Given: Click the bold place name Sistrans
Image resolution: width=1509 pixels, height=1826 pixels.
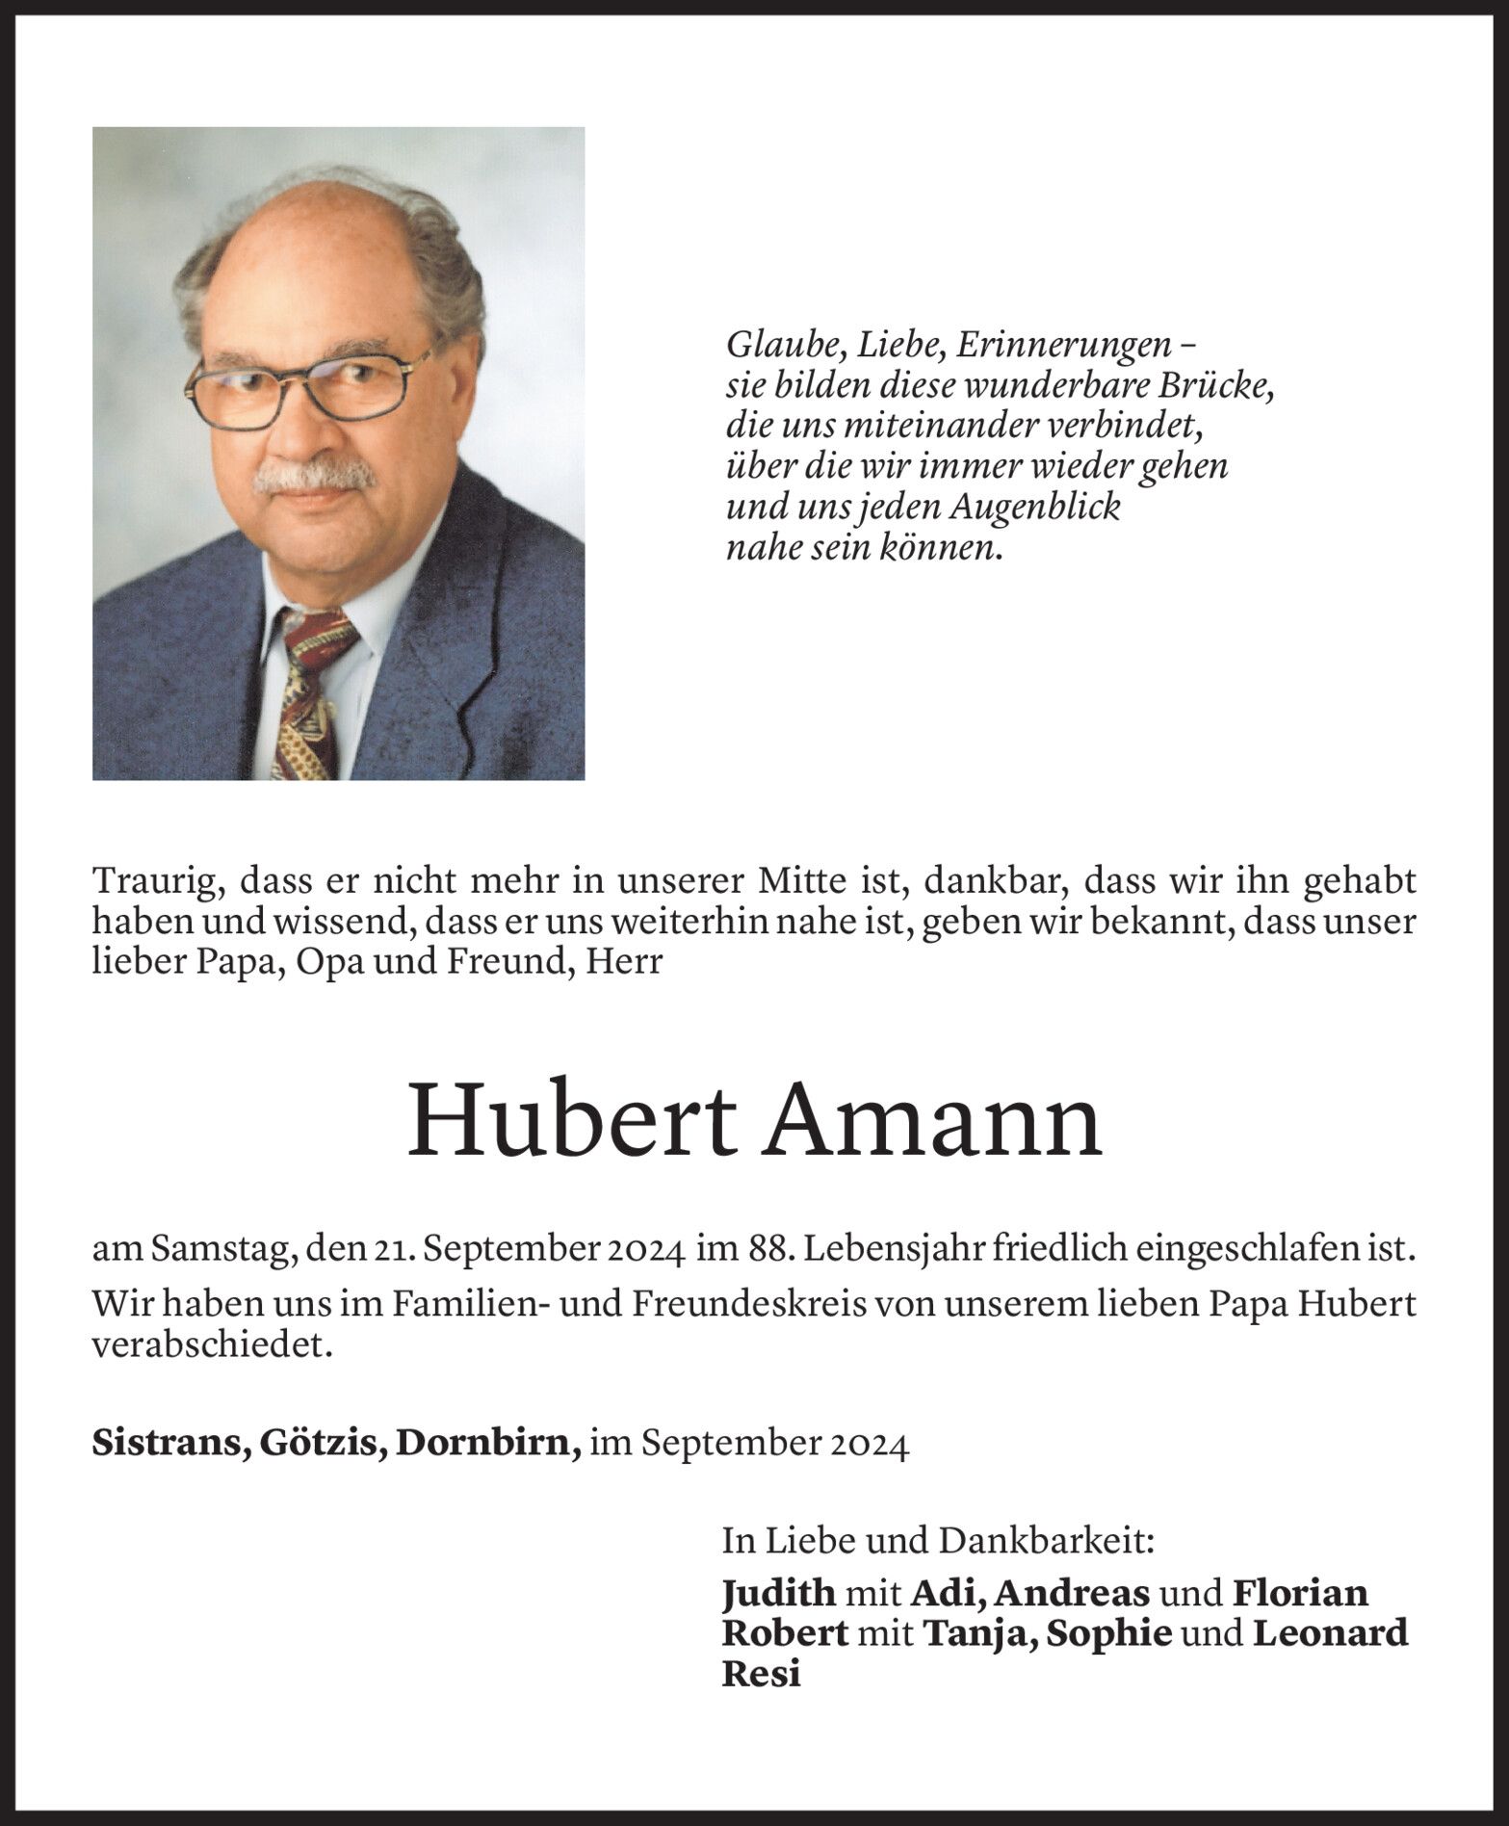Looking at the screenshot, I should [x=165, y=1417].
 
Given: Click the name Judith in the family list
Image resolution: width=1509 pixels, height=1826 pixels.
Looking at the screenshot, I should [x=778, y=1591].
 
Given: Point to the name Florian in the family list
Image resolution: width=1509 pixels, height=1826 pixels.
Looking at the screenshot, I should [x=1300, y=1591].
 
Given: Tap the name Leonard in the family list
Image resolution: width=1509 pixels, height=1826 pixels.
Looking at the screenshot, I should [x=1329, y=1632].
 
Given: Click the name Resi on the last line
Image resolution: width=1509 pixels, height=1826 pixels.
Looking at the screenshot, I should [x=761, y=1674].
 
